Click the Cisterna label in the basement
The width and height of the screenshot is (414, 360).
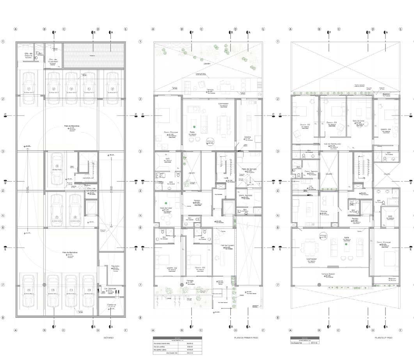[x=112, y=305]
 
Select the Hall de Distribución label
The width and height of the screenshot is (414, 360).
[x=333, y=144]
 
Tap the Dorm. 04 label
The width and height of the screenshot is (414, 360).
[x=386, y=129]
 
